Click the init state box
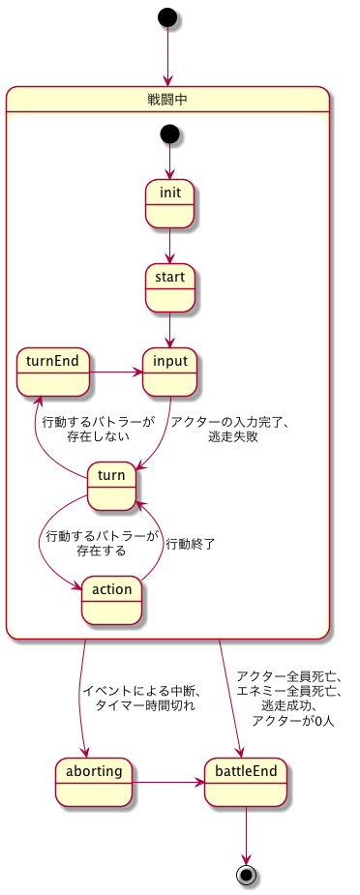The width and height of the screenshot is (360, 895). pos(170,204)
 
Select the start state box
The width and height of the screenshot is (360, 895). pos(170,287)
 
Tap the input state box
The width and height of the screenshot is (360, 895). pos(170,372)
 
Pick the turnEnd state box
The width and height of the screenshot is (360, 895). pos(53,372)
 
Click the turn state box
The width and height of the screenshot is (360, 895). pos(111,487)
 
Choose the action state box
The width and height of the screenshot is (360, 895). pos(111,600)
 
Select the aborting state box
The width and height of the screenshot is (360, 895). pos(94,782)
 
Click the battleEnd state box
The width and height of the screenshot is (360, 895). pos(246,782)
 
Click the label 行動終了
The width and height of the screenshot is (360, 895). pos(190,544)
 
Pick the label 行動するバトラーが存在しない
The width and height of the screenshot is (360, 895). pos(98,430)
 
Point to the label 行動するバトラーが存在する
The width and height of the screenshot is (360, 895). pos(102,543)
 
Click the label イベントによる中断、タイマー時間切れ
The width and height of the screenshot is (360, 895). pos(140,698)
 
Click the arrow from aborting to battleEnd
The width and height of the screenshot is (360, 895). pos(167,782)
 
